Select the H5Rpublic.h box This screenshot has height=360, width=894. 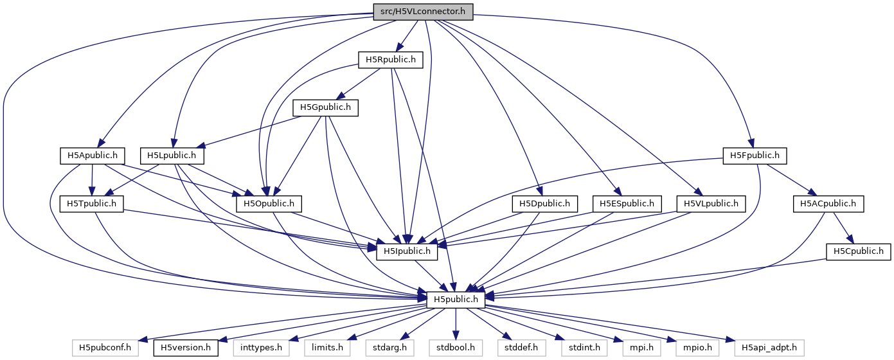click(x=391, y=60)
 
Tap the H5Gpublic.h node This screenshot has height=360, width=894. click(x=325, y=107)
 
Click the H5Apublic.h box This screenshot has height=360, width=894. click(x=92, y=155)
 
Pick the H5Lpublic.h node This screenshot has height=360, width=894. click(x=172, y=155)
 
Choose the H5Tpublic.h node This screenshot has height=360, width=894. click(x=92, y=204)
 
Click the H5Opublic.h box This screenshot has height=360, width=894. click(x=269, y=204)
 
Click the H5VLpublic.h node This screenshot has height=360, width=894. click(x=711, y=204)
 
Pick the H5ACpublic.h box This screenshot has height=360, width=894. click(x=828, y=204)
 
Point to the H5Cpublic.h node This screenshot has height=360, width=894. click(x=858, y=251)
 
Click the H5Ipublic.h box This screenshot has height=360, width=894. click(x=407, y=251)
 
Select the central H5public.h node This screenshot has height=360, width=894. click(x=455, y=299)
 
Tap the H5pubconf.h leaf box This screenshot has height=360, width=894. click(x=105, y=348)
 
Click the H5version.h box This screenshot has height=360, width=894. click(x=185, y=348)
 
